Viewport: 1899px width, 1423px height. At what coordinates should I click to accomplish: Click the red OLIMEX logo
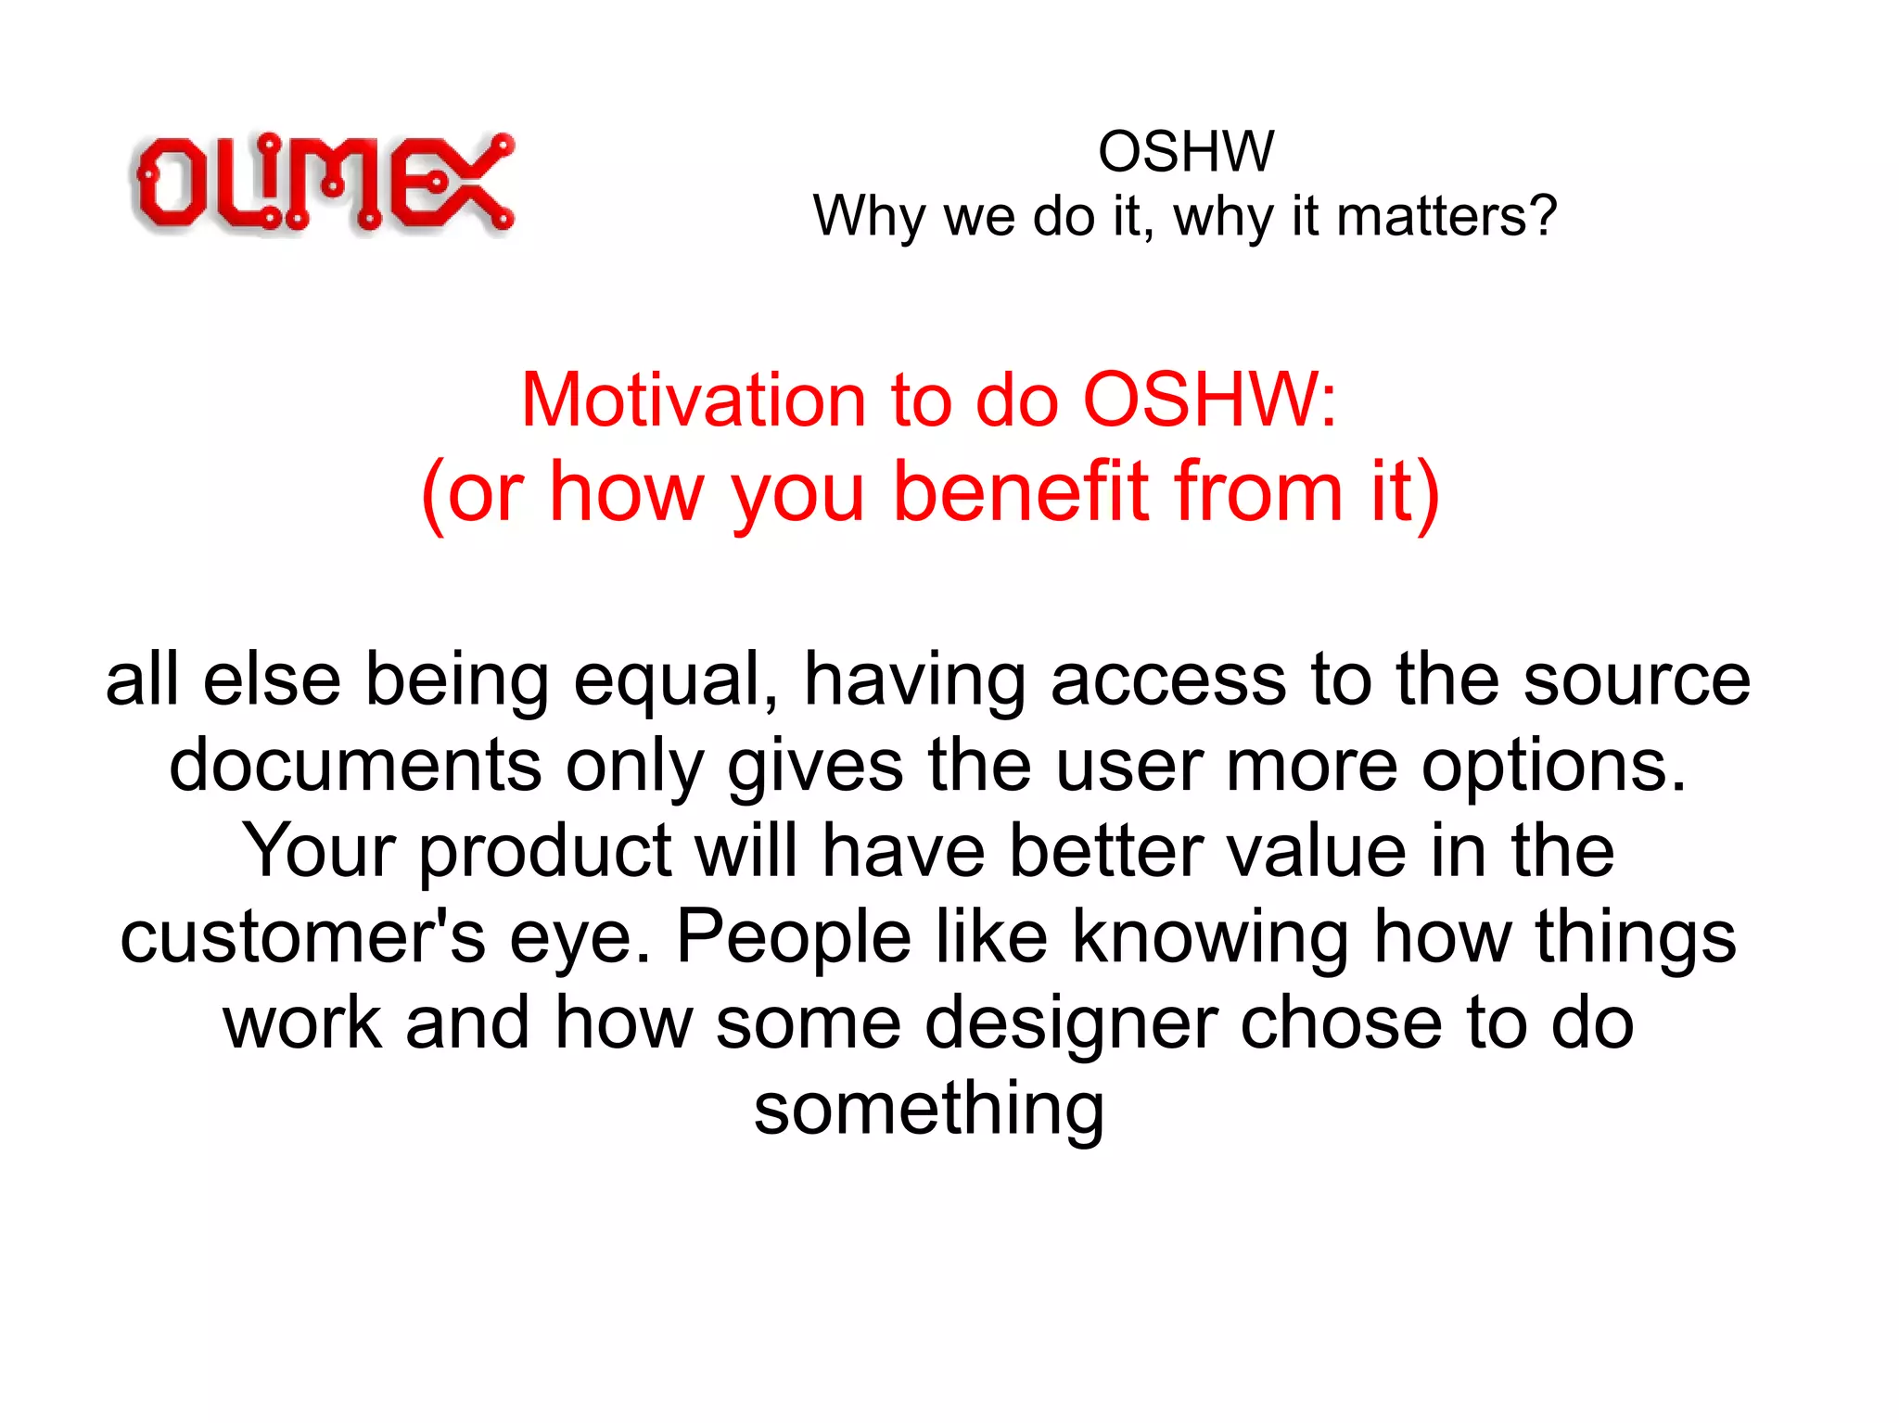(x=322, y=183)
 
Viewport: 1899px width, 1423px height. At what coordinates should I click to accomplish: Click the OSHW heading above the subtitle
(x=1185, y=151)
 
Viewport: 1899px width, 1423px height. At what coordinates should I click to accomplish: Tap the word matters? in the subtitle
(x=1447, y=216)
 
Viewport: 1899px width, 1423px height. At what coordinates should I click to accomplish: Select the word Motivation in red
(x=693, y=400)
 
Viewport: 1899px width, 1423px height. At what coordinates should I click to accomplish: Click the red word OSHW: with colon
(x=1210, y=400)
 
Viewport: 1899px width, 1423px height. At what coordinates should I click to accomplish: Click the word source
(x=1637, y=680)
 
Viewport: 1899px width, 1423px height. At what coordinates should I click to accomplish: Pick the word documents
(x=355, y=766)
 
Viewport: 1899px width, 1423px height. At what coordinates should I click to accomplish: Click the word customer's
(x=302, y=937)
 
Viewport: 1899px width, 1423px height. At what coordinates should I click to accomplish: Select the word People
(x=794, y=937)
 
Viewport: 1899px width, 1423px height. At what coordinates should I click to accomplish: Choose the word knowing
(x=1210, y=937)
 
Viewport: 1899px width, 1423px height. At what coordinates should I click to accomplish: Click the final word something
(x=929, y=1110)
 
